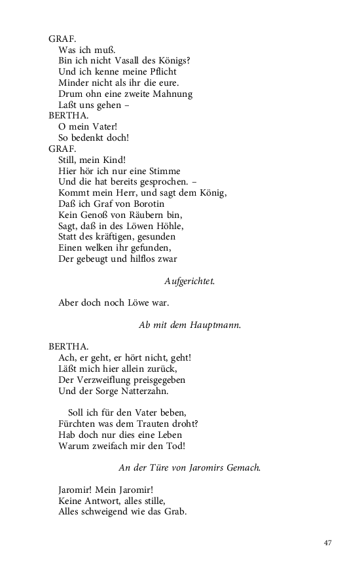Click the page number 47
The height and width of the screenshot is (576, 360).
click(x=328, y=543)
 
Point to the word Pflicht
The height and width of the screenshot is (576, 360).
click(x=160, y=71)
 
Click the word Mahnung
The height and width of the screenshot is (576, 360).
click(x=173, y=94)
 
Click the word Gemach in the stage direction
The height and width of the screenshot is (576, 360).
click(x=241, y=467)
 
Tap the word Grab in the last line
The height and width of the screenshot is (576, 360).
click(x=176, y=512)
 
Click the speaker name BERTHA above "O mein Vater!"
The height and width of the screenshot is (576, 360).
click(x=67, y=116)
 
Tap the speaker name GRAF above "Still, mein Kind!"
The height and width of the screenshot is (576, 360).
click(x=63, y=149)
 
